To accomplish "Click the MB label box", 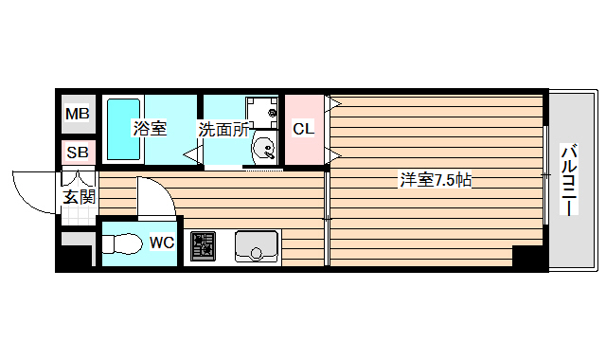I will click(x=77, y=116).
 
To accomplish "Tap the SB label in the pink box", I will click(x=77, y=153).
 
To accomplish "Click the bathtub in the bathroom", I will click(x=122, y=129).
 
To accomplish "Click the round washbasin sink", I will click(x=265, y=149).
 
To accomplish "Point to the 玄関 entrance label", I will click(x=79, y=197).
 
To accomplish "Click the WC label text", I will click(x=162, y=243).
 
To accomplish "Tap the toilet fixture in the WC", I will click(x=120, y=243).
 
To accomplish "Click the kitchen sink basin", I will click(x=256, y=248).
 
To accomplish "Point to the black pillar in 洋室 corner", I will click(x=524, y=257).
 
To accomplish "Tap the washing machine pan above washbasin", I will click(x=262, y=113).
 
